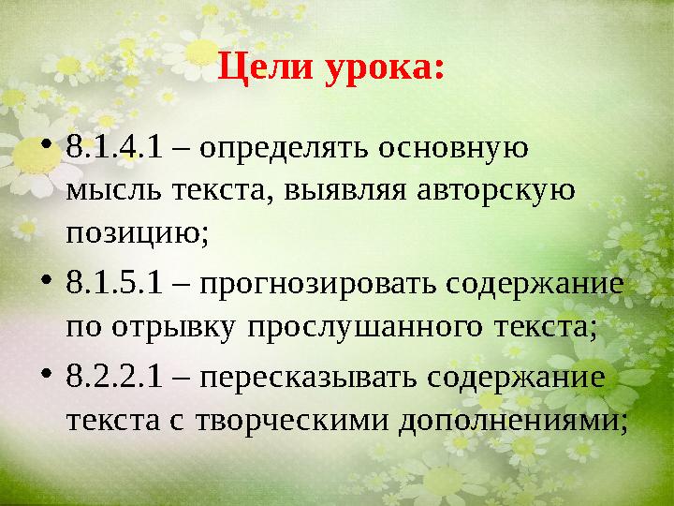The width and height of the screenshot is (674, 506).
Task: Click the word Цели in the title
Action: click(266, 70)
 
